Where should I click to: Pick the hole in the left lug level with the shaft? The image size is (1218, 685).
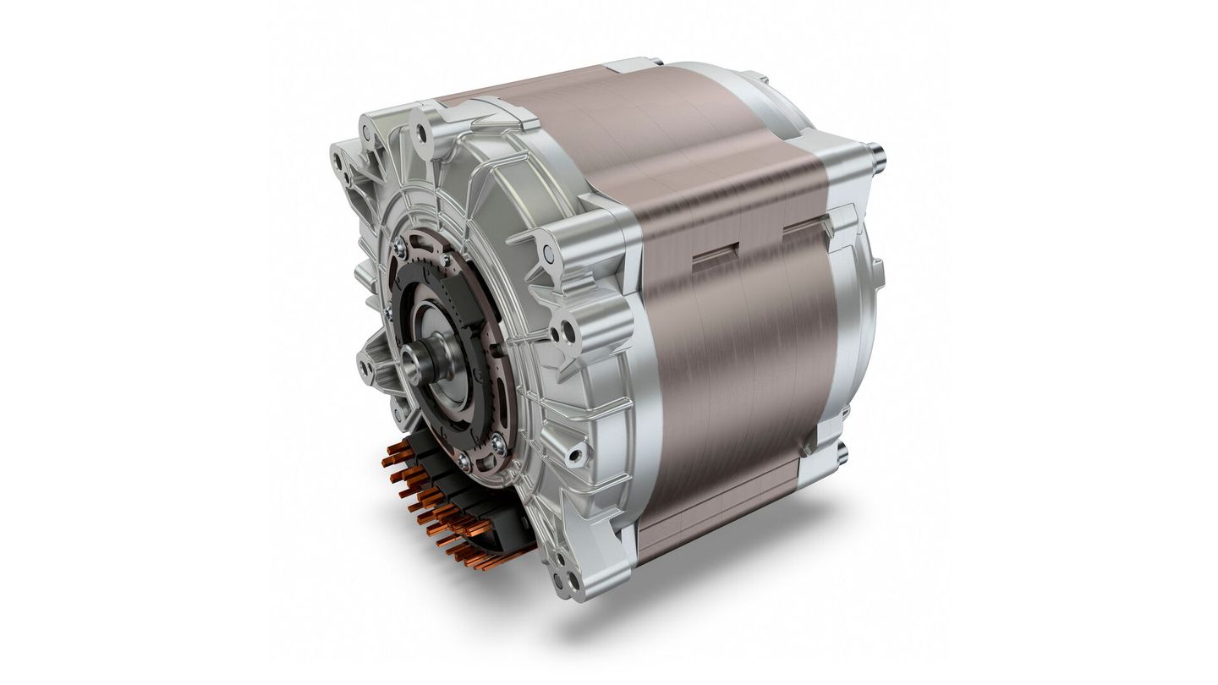pyautogui.click(x=365, y=369)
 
